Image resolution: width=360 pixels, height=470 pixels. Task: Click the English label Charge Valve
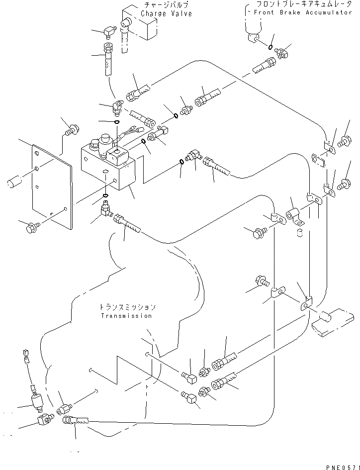(166, 13)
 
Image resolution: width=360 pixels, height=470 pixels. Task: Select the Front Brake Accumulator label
(305, 12)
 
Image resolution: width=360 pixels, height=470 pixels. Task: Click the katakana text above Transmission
(126, 307)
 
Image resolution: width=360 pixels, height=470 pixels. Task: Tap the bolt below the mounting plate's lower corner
(31, 228)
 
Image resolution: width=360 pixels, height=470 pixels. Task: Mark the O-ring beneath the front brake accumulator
(269, 48)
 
